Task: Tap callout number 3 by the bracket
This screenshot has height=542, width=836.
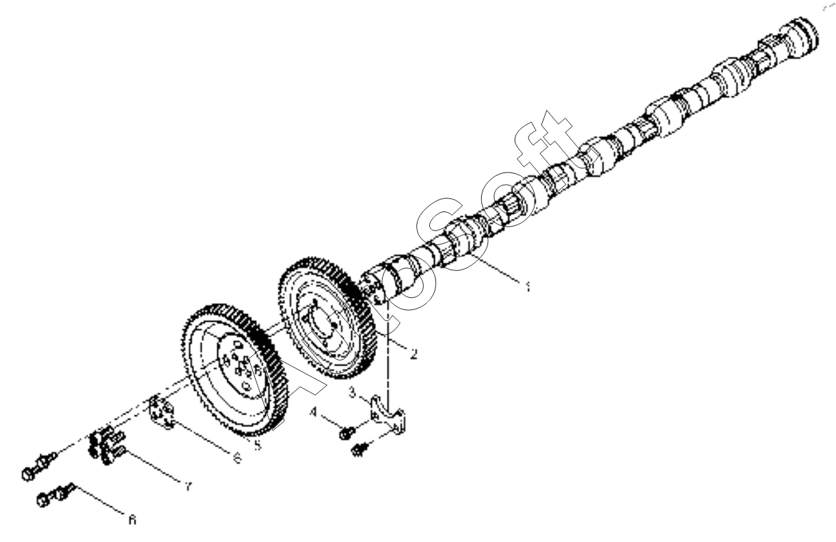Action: [351, 393]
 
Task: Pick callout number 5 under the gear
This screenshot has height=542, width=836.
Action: [257, 446]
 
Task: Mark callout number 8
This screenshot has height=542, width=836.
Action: [132, 520]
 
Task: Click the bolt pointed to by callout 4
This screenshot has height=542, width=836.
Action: [346, 433]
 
